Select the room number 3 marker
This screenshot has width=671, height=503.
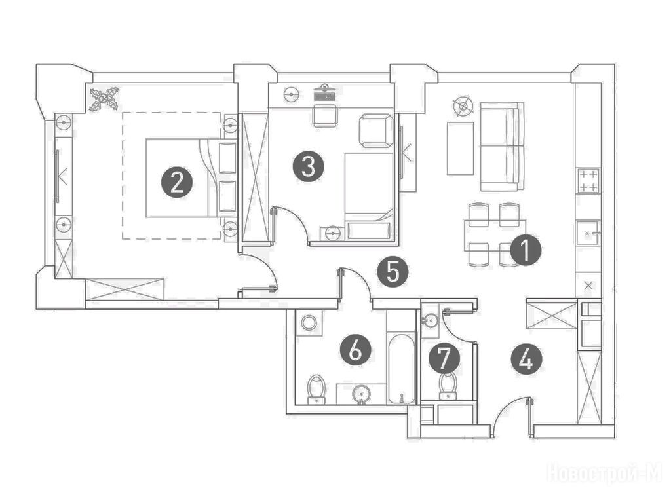tap(309, 166)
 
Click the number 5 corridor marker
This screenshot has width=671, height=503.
tap(393, 271)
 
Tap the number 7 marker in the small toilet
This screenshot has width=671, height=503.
tap(445, 358)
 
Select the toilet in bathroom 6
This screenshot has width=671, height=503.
tap(316, 389)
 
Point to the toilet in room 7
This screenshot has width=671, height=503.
tap(448, 386)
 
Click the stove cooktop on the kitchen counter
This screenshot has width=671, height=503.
tap(588, 181)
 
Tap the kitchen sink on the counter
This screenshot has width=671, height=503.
tap(588, 233)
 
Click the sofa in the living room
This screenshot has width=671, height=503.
tap(502, 146)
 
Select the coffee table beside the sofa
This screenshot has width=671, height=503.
tap(461, 149)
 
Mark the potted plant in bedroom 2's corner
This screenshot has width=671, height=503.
tap(104, 100)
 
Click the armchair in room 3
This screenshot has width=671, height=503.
tap(375, 130)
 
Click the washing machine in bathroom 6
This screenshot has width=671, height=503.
tap(309, 322)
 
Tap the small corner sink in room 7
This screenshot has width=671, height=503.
tap(430, 320)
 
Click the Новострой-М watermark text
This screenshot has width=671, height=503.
tap(605, 474)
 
